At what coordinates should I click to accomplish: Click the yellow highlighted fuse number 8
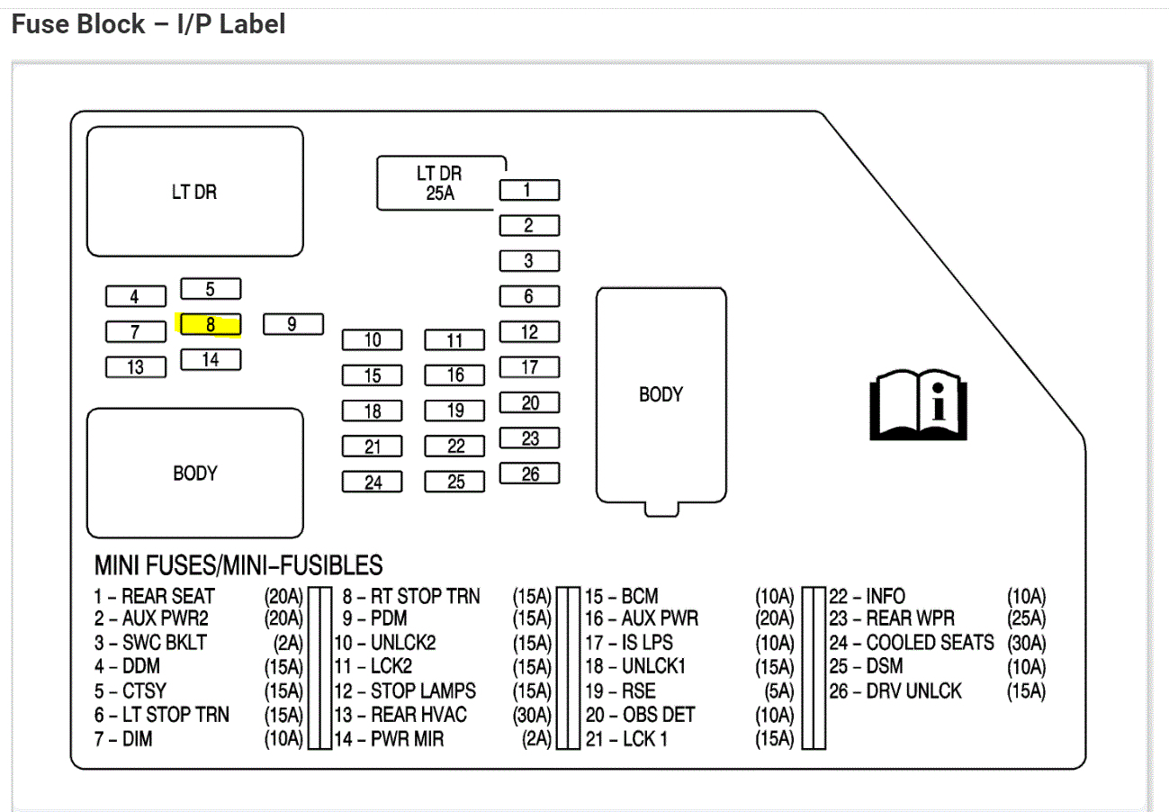[x=211, y=325]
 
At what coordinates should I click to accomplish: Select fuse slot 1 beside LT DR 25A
[x=529, y=190]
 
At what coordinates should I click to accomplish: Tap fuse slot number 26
[x=529, y=474]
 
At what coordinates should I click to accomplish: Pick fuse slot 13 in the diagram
[x=136, y=367]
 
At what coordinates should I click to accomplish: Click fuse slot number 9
[x=292, y=324]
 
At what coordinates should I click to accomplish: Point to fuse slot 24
[x=373, y=482]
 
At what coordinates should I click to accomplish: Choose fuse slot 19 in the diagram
[x=455, y=411]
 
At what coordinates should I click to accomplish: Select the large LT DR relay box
[x=194, y=192]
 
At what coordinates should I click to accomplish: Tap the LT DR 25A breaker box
[x=440, y=183]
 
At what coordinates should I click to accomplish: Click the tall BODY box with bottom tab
[x=661, y=396]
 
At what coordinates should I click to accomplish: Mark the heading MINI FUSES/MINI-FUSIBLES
[x=238, y=565]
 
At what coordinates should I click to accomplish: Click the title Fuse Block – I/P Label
[x=148, y=24]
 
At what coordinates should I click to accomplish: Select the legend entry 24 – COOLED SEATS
[x=912, y=643]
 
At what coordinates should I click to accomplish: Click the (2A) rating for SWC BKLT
[x=287, y=644]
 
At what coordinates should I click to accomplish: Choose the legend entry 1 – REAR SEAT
[x=155, y=596]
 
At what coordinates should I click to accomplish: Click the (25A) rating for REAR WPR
[x=1026, y=619]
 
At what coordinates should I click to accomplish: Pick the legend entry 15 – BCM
[x=622, y=596]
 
